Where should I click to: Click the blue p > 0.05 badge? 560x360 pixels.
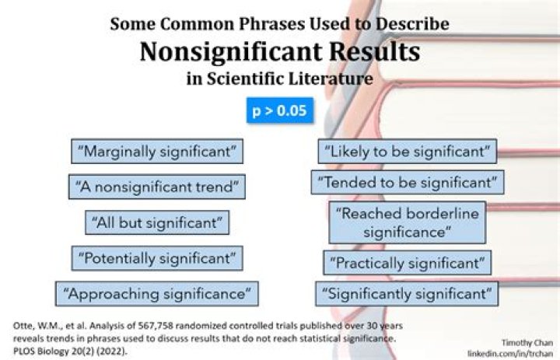point(280,110)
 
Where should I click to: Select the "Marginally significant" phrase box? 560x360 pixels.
point(156,151)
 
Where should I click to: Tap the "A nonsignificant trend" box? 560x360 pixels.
point(157,187)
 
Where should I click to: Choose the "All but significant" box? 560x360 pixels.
point(157,222)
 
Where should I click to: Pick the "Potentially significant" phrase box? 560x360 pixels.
point(157,257)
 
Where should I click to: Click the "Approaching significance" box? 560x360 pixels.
point(157,294)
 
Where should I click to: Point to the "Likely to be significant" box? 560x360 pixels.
point(407,150)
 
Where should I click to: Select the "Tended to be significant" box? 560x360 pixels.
point(407,183)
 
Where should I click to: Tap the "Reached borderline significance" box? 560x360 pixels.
point(407,222)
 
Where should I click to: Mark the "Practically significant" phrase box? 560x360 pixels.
point(407,263)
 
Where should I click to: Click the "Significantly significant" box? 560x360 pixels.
point(407,294)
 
